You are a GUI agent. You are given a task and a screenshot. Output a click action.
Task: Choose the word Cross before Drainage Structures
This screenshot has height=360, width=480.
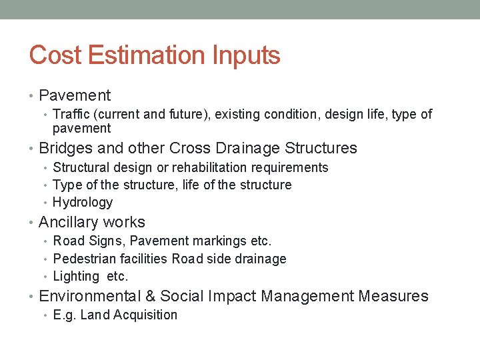[x=191, y=148]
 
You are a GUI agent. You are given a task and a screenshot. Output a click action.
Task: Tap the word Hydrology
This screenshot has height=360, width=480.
[x=83, y=202]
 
